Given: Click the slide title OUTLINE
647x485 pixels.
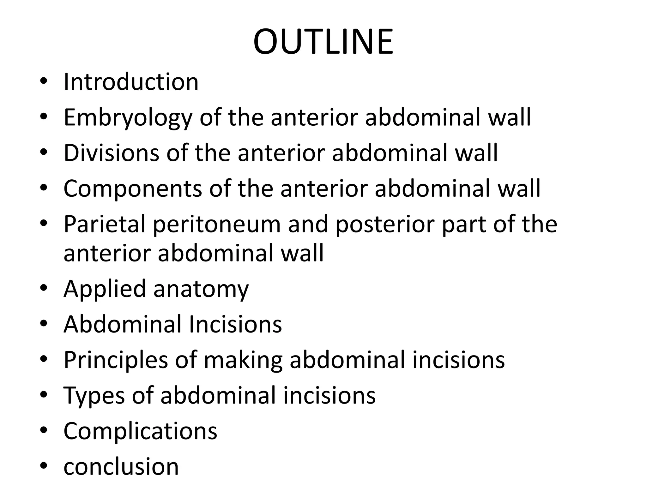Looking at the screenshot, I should click(323, 42).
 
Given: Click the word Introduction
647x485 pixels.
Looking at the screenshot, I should click(131, 82).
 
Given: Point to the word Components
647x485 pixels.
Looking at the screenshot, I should click(133, 189).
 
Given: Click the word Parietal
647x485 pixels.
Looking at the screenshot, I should click(105, 224).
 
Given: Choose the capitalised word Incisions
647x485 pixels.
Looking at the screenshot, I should click(235, 324).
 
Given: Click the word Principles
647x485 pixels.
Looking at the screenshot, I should click(116, 360).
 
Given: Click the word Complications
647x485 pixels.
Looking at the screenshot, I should click(140, 431).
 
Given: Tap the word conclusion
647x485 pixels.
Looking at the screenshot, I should click(121, 466).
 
